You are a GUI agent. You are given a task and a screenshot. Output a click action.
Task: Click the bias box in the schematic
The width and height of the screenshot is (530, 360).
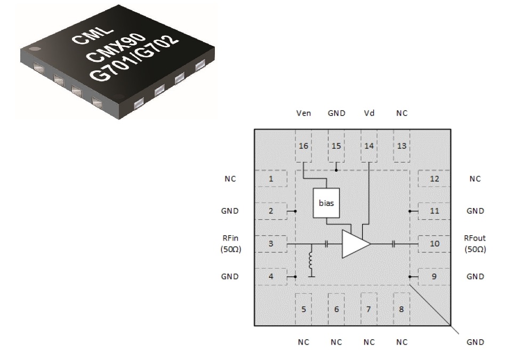[326, 203]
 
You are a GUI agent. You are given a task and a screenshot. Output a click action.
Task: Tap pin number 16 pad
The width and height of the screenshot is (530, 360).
[303, 146]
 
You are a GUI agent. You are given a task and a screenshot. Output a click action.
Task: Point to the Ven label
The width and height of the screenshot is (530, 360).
[303, 113]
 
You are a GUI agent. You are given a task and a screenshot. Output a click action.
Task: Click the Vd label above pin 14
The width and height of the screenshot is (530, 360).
[369, 113]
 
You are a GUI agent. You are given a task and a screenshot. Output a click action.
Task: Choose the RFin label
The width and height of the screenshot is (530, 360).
[230, 238]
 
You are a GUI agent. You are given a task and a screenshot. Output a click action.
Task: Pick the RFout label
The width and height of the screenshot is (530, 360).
[475, 238]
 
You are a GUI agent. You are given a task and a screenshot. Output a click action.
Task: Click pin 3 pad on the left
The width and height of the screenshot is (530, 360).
[270, 244]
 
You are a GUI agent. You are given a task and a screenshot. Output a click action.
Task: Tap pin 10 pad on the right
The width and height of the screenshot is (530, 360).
[435, 244]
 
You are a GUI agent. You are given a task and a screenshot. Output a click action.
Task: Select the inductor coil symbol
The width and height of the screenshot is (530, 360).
[311, 261]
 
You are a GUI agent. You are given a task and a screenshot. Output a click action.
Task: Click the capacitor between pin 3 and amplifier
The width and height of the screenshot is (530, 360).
[326, 244]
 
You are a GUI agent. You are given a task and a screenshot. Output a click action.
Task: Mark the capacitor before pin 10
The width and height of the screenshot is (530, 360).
[394, 244]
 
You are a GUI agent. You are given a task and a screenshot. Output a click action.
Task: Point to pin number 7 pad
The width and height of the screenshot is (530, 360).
[369, 309]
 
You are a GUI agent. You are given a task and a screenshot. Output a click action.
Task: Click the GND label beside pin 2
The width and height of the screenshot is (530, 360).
[230, 211]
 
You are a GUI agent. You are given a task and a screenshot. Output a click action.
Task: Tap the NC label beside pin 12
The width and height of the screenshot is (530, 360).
[475, 179]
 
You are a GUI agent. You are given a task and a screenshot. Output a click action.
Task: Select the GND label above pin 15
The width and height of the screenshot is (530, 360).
[336, 113]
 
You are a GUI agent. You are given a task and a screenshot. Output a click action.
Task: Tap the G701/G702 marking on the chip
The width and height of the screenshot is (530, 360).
[133, 58]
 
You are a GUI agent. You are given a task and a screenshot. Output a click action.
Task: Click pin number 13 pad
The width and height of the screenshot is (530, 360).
[401, 146]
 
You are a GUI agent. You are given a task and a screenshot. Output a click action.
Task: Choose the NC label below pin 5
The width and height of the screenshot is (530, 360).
[303, 342]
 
